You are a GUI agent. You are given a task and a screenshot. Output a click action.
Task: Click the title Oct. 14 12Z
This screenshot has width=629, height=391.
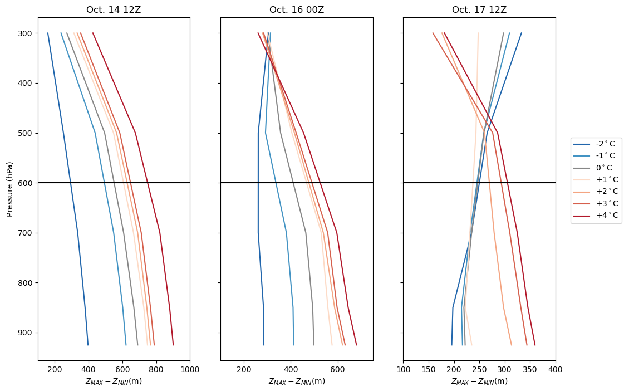[114, 9]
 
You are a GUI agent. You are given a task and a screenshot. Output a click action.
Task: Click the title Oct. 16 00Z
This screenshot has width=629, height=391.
[296, 9]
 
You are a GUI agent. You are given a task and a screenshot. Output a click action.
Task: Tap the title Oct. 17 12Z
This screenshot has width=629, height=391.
[479, 9]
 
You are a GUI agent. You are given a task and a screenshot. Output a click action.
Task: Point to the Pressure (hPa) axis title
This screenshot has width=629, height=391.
[10, 189]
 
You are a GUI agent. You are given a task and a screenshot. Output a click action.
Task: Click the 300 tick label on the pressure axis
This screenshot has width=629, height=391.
[26, 33]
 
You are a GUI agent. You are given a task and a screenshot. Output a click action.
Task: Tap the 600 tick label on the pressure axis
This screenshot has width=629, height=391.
[26, 183]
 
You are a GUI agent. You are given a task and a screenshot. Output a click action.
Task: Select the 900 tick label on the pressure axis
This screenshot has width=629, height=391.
[26, 333]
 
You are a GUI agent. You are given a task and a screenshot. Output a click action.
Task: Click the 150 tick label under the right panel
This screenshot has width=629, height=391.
[429, 368]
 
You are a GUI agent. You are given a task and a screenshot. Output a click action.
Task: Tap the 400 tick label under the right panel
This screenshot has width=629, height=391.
[556, 368]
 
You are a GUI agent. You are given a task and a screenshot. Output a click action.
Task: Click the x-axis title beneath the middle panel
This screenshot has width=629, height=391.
[296, 382]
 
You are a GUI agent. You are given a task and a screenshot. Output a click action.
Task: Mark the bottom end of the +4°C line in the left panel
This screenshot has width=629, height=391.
[173, 345]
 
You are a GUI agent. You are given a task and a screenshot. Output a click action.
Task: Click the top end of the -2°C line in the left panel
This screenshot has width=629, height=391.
[48, 33]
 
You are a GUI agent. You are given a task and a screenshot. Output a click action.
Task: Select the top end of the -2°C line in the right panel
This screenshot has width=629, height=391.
[522, 33]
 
